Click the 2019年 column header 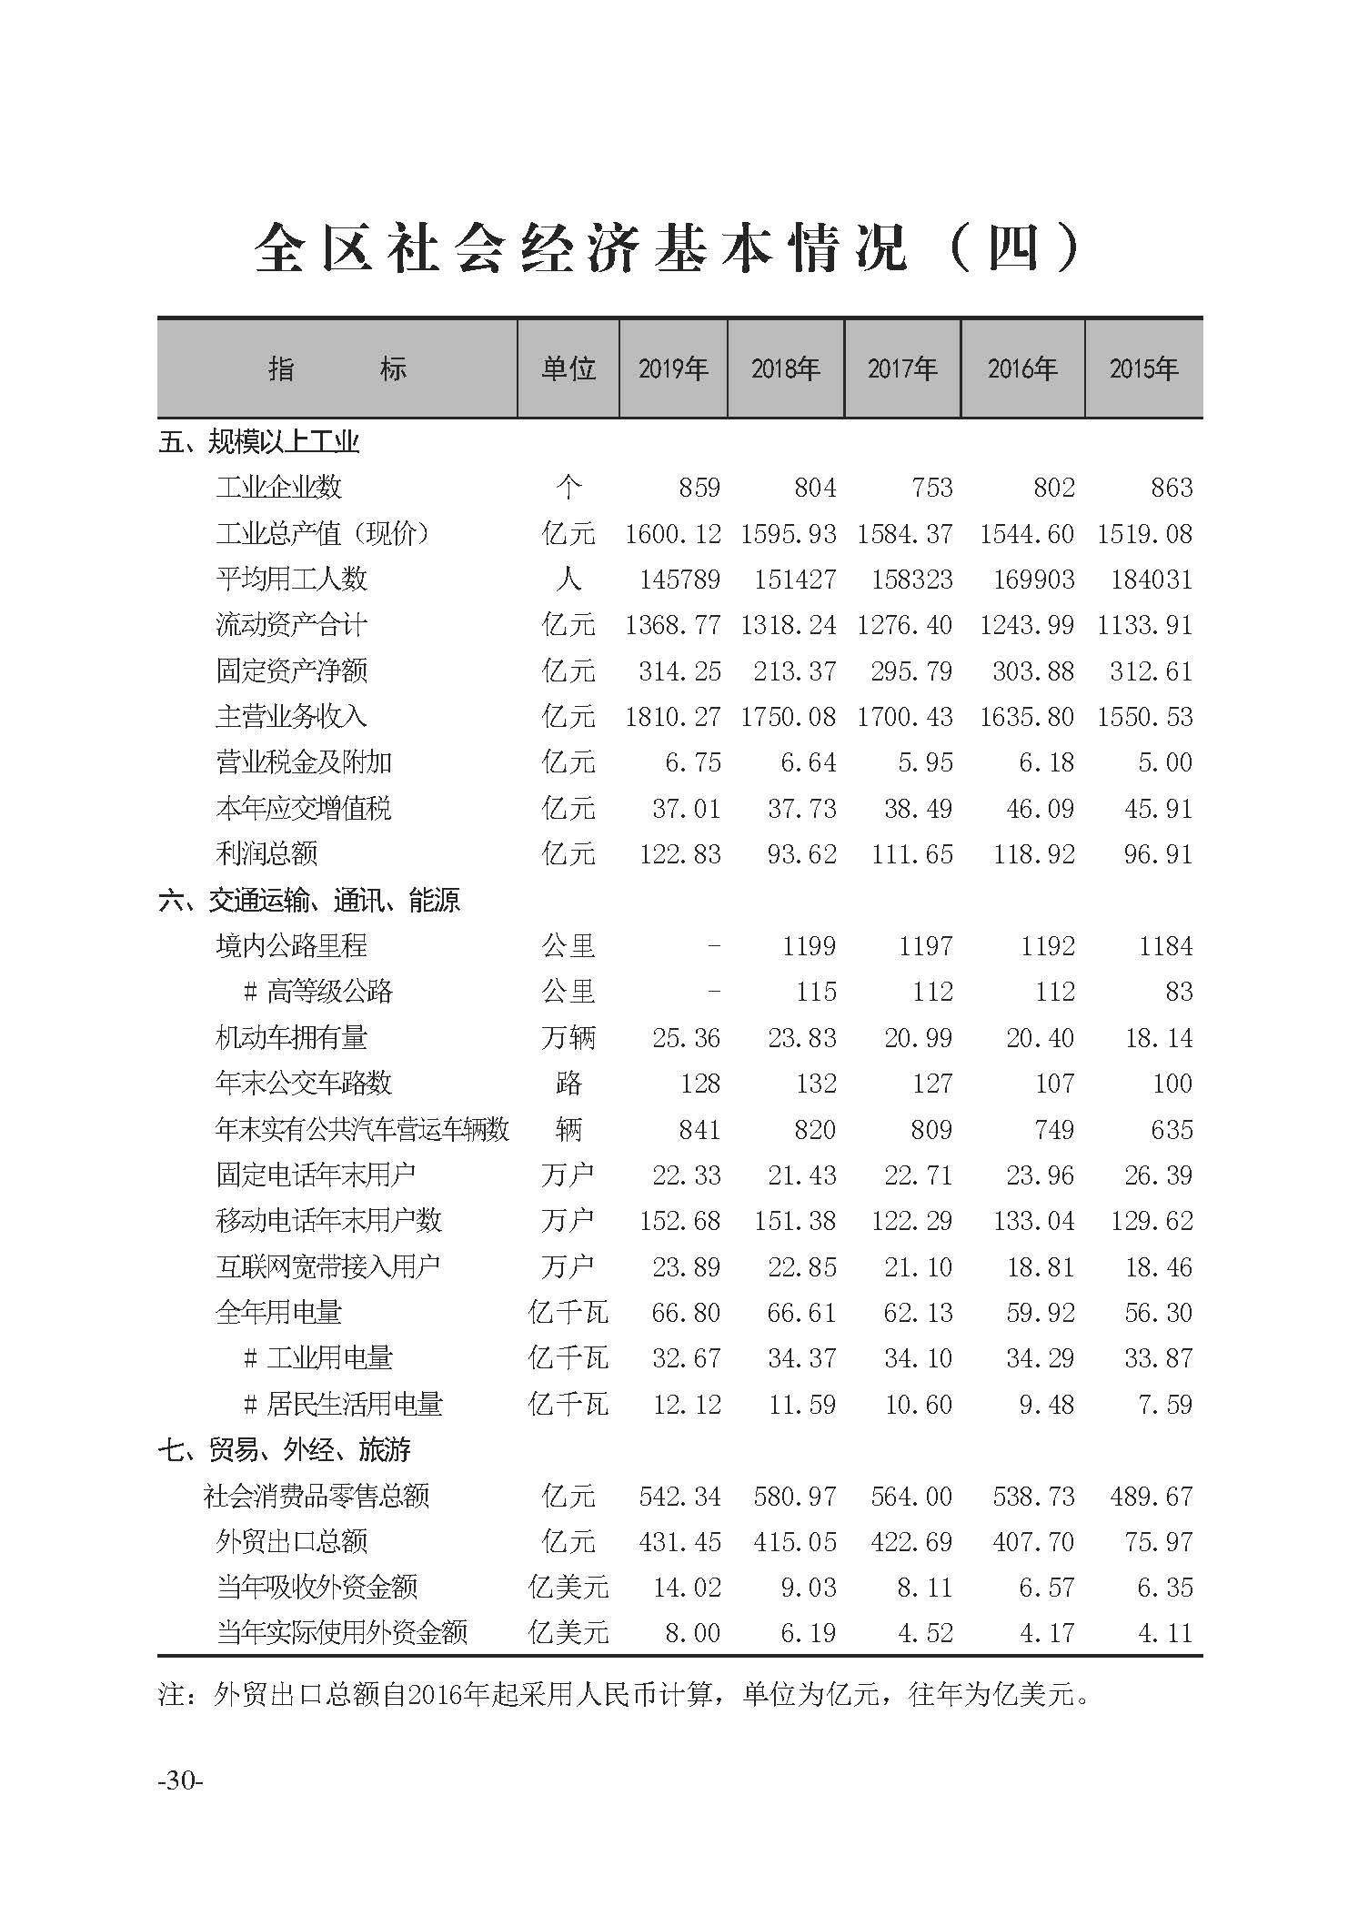673,368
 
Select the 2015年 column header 1143,368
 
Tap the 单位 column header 568,368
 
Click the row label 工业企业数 278,488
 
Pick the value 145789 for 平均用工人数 672,580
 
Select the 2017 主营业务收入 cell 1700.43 904,717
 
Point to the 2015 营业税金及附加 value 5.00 1164,762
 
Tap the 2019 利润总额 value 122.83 679,854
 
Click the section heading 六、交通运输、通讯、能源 309,901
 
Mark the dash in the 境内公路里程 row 714,946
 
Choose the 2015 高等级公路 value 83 1178,992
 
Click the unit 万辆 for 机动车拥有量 568,1038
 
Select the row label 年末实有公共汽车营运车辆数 362,1130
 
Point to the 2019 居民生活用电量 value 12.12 686,1404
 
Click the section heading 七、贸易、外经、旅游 284,1449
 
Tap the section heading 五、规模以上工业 259,443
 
